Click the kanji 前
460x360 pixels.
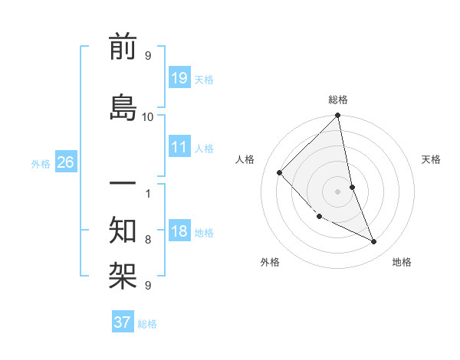click(123, 47)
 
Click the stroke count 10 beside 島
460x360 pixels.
click(148, 116)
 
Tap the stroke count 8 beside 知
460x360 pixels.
click(148, 239)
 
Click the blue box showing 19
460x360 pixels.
click(179, 78)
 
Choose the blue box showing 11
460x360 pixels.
click(179, 147)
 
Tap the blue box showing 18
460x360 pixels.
click(179, 231)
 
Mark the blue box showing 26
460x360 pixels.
click(66, 162)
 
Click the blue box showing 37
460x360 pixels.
click(122, 322)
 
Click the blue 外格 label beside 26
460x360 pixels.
click(41, 163)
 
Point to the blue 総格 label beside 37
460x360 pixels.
click(147, 324)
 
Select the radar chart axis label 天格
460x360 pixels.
click(432, 159)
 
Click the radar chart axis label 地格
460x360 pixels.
click(402, 262)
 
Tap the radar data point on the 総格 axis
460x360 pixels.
click(338, 116)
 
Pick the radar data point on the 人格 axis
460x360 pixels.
click(280, 172)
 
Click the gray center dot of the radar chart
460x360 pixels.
click(338, 191)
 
